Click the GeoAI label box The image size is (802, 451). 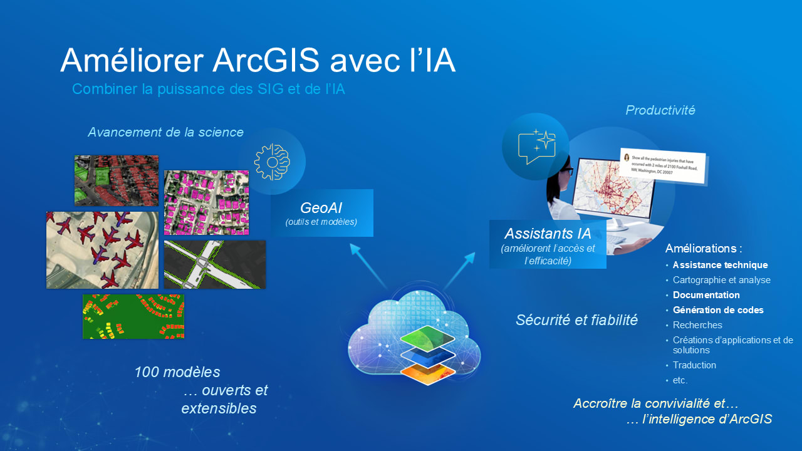coord(322,213)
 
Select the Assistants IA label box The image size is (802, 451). coord(548,244)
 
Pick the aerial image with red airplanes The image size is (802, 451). coord(102,250)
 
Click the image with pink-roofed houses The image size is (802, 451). coord(206,202)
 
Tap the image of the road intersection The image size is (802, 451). coord(214,264)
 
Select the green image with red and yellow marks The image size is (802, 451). coord(133,316)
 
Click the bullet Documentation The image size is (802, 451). coord(706,295)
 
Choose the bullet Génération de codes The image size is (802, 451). coord(718,310)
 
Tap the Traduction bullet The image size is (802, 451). coord(694,365)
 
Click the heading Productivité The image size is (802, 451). coord(660,110)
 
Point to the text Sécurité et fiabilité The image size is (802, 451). coord(576,320)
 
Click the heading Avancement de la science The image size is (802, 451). coord(165,132)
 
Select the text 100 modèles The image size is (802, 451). coord(177,372)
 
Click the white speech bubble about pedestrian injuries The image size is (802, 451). coord(662,166)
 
